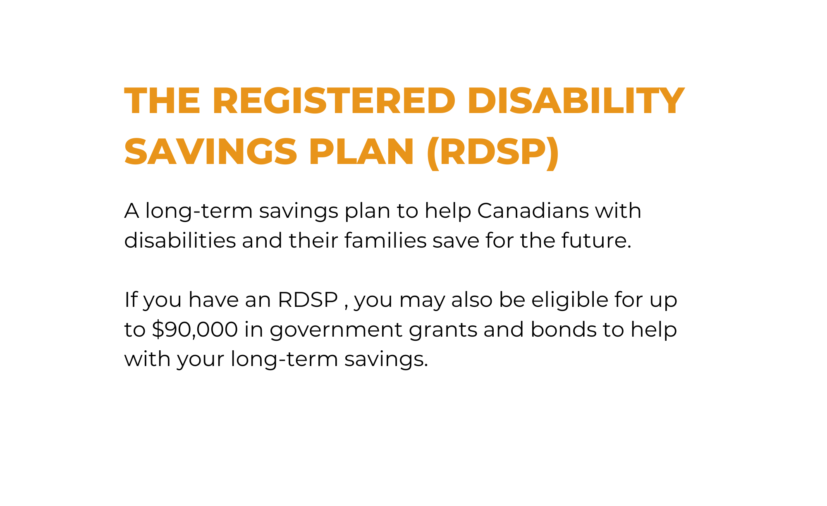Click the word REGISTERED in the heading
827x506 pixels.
[x=334, y=101]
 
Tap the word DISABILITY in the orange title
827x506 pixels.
[x=576, y=101]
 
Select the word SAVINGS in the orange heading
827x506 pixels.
[x=210, y=152]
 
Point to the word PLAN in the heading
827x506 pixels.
[x=361, y=152]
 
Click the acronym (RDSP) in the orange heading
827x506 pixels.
[x=492, y=152]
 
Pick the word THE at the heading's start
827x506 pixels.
[x=163, y=101]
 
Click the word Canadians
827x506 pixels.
[x=533, y=210]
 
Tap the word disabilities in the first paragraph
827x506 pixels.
[x=180, y=240]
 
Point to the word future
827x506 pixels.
[x=596, y=241]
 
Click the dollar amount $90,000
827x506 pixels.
[x=195, y=330]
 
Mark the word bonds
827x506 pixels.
[x=563, y=329]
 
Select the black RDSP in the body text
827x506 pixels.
[x=308, y=300]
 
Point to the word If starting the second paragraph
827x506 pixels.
[x=131, y=299]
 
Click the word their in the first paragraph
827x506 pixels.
[x=313, y=240]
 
